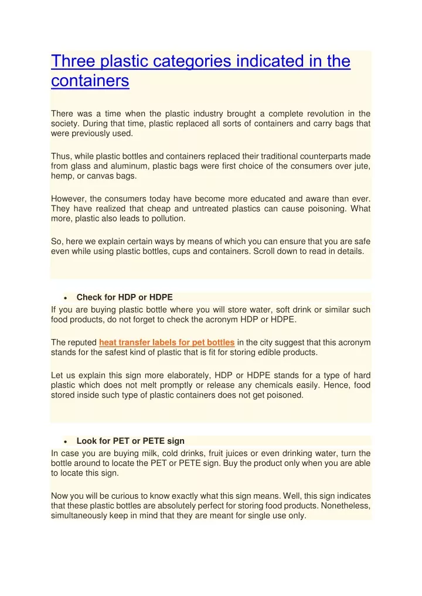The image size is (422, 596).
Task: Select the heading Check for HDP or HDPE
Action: [x=124, y=297]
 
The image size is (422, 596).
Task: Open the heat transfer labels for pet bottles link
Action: [x=167, y=342]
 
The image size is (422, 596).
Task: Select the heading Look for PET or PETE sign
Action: [x=130, y=441]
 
